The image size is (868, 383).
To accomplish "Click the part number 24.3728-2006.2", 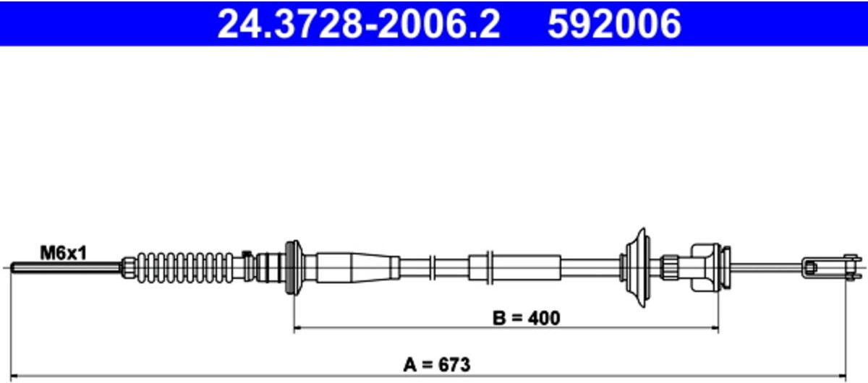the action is pyautogui.click(x=359, y=24).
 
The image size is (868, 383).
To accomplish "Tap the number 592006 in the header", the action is pyautogui.click(x=614, y=24).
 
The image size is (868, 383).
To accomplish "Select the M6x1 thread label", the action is pyautogui.click(x=64, y=253).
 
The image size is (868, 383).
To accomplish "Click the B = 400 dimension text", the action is pyautogui.click(x=527, y=318).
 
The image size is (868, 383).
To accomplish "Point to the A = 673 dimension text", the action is pyautogui.click(x=437, y=364).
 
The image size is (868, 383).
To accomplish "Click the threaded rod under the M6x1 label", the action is pyautogui.click(x=66, y=267).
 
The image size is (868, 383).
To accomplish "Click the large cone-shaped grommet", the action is pyautogui.click(x=637, y=267).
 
